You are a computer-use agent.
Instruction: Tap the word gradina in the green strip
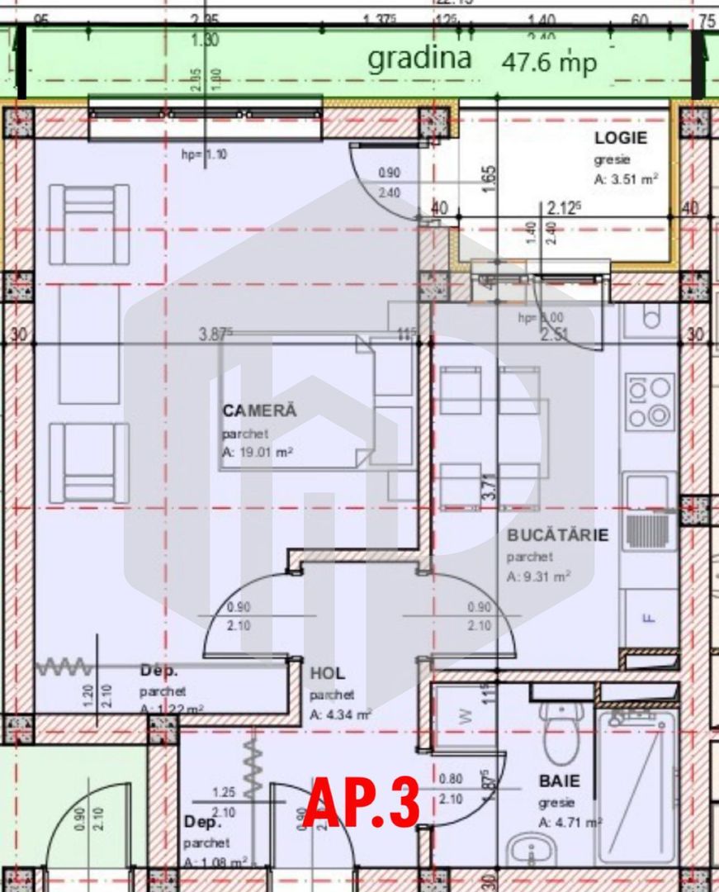(x=419, y=59)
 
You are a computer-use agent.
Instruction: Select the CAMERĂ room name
(x=258, y=410)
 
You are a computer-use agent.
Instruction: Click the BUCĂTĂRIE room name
(x=557, y=534)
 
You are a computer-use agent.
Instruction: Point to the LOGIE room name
(x=621, y=138)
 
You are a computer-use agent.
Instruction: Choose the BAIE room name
(x=560, y=780)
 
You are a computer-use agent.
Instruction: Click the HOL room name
(x=327, y=673)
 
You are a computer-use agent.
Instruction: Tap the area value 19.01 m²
(x=258, y=452)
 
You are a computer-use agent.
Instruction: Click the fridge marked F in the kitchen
(x=649, y=616)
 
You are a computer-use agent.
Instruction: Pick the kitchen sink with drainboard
(x=649, y=514)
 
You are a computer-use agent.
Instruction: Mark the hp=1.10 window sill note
(x=202, y=154)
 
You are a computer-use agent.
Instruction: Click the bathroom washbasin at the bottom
(x=524, y=851)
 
